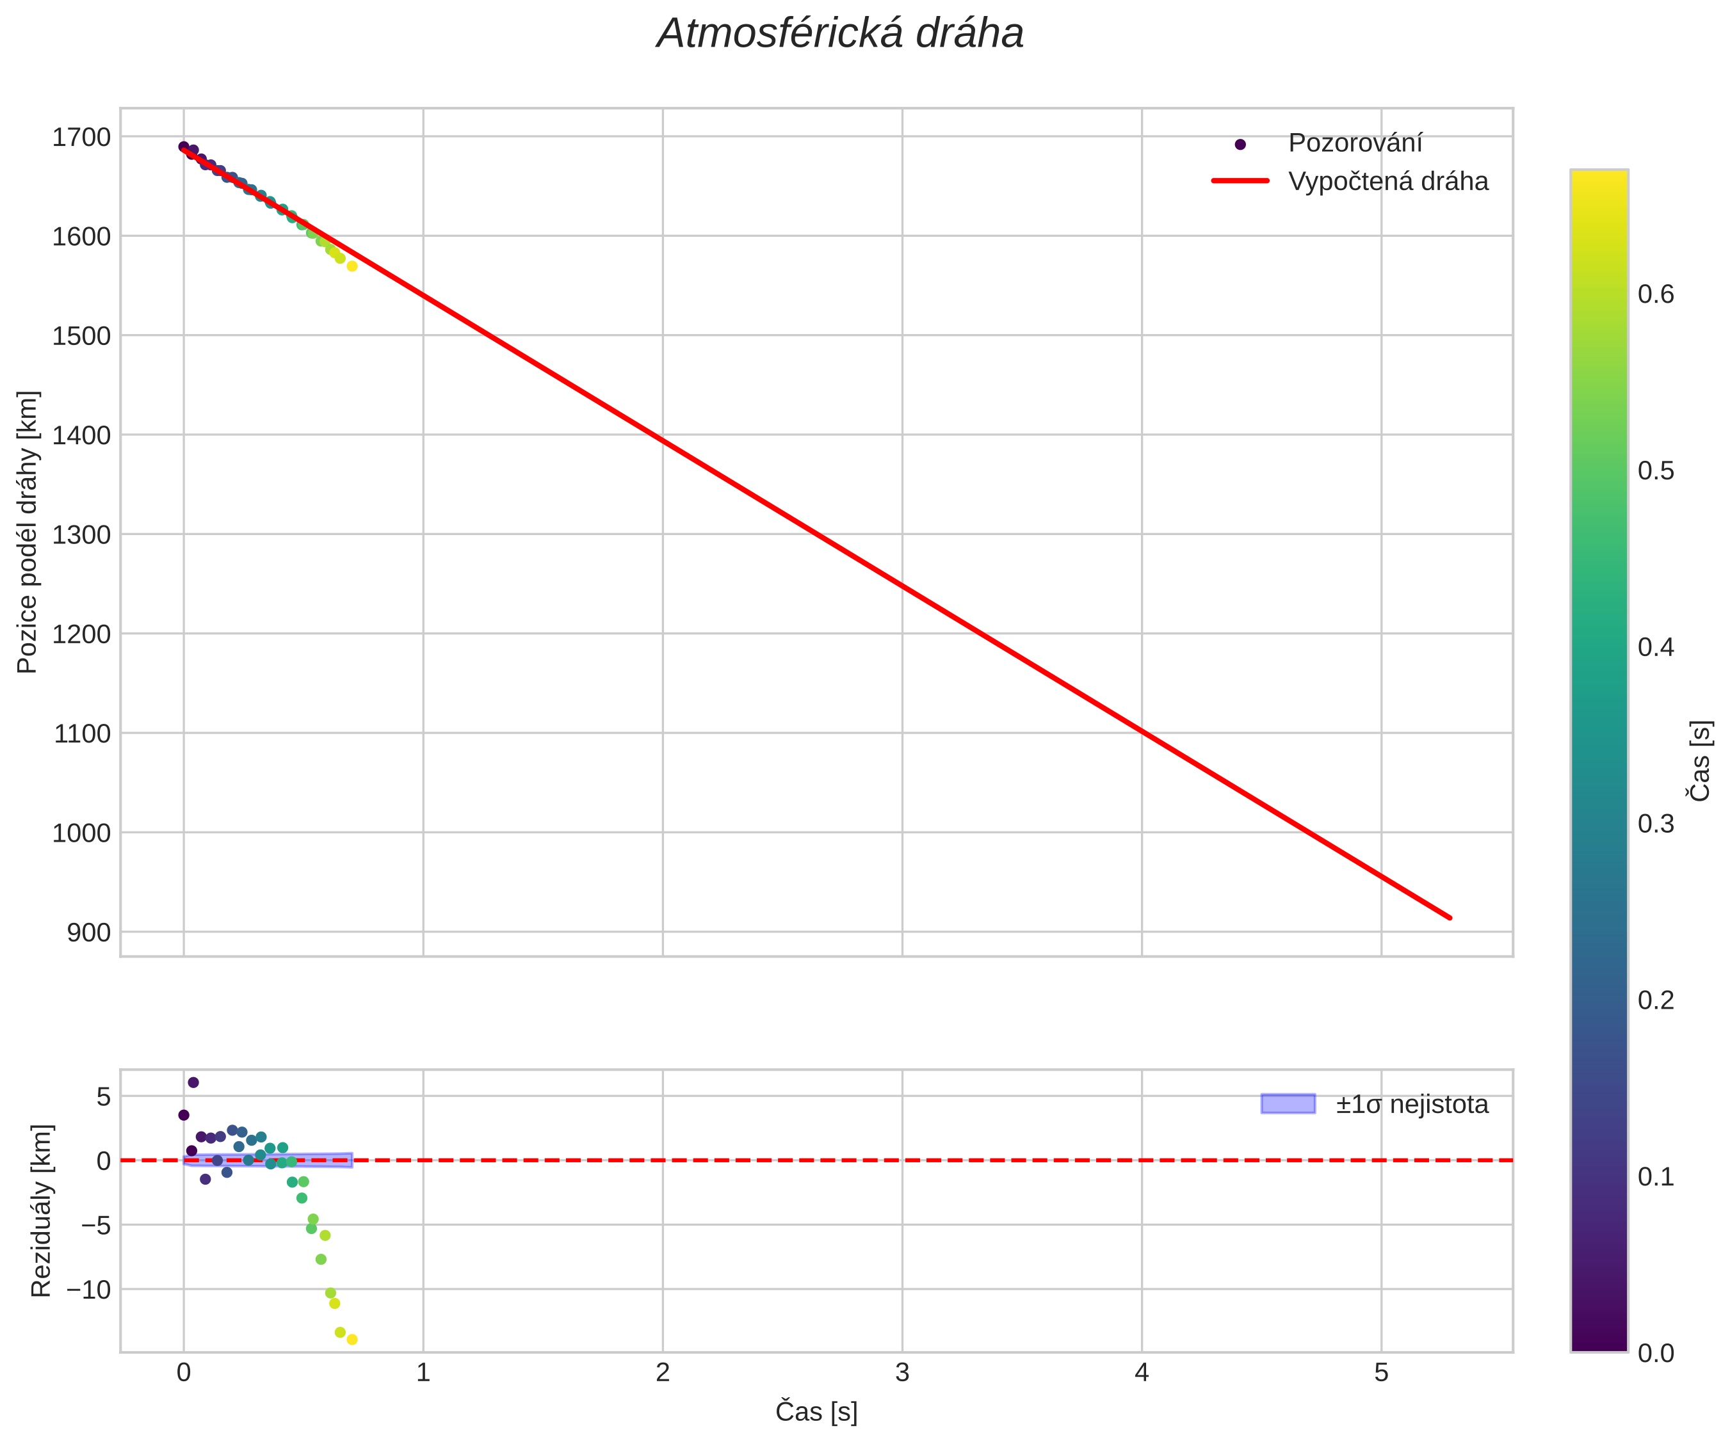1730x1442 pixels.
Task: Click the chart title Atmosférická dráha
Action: (839, 35)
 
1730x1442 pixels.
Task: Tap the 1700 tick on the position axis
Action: (81, 138)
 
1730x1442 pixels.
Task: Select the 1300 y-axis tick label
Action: (81, 535)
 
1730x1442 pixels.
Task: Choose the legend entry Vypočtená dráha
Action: (1387, 181)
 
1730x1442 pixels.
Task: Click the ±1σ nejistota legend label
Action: (1411, 1104)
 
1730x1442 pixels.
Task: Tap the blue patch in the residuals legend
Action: (1288, 1103)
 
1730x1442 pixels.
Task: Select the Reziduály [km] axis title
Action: (41, 1210)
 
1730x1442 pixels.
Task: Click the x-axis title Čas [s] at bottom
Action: (816, 1411)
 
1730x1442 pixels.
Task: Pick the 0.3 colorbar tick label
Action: (1656, 824)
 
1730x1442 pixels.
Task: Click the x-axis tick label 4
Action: (1142, 1373)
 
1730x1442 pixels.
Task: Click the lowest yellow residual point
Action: (352, 1340)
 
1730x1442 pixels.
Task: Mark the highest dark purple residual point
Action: (193, 1082)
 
